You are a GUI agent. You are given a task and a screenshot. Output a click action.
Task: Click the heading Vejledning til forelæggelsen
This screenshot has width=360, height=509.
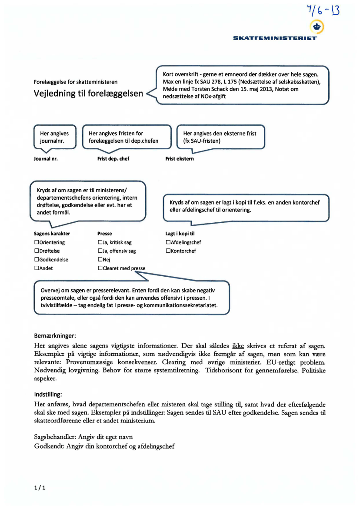tap(89, 94)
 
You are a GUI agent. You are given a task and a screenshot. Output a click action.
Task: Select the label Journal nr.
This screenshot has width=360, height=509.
tap(46, 159)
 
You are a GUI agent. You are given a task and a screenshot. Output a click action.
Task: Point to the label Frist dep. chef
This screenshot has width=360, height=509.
tap(113, 159)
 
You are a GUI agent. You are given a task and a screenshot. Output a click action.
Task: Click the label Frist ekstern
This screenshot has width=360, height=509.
tap(180, 159)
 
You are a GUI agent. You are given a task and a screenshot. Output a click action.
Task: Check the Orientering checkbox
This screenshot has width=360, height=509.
tap(37, 242)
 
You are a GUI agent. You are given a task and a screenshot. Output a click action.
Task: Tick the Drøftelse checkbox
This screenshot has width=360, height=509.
tap(37, 251)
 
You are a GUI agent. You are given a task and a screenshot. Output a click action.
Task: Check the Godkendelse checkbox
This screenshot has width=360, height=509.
tap(37, 260)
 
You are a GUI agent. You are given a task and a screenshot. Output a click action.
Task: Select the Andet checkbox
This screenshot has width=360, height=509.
tap(37, 268)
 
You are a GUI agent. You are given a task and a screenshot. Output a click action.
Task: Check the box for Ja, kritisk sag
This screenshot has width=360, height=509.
tap(100, 242)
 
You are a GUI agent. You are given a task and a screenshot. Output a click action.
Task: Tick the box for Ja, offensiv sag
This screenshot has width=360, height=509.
tap(100, 251)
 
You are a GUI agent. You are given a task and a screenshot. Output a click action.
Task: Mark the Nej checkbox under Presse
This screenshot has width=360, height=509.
tap(100, 260)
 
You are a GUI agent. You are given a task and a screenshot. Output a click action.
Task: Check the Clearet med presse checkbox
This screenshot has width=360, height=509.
tap(100, 268)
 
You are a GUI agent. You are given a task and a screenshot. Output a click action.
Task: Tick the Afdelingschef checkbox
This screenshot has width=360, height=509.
tap(168, 242)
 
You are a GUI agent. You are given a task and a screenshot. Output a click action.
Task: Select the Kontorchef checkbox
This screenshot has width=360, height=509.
tap(168, 251)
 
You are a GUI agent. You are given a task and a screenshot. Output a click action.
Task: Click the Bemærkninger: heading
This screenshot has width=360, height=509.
tap(55, 336)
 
